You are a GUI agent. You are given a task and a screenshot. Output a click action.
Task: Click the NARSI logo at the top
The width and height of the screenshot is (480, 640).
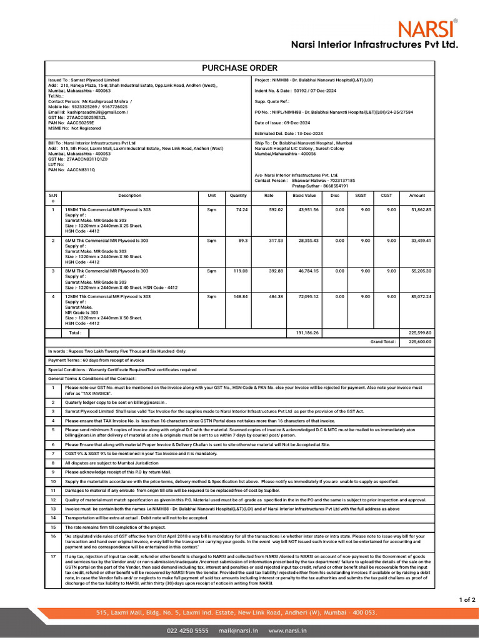pyautogui.click(x=427, y=28)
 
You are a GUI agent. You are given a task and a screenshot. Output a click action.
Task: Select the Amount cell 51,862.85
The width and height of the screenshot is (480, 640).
pyautogui.click(x=421, y=209)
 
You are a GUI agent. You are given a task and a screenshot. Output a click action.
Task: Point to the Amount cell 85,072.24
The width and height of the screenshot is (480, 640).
pyautogui.click(x=421, y=296)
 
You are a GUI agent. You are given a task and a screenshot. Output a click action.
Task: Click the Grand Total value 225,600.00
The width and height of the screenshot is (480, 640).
pyautogui.click(x=420, y=342)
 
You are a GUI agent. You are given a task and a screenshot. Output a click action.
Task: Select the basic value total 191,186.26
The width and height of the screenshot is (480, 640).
pyautogui.click(x=307, y=333)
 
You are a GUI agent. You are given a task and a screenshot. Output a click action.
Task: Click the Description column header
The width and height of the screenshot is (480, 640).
pyautogui.click(x=129, y=196)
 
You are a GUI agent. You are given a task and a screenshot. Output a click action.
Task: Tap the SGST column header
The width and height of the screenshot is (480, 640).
pyautogui.click(x=361, y=196)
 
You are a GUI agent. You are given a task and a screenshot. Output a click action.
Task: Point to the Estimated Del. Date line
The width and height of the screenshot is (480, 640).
pyautogui.click(x=289, y=134)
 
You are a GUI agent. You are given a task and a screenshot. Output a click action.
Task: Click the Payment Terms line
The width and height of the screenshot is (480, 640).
pyautogui.click(x=96, y=360)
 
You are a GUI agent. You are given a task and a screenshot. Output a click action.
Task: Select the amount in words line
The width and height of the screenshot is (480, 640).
pyautogui.click(x=117, y=351)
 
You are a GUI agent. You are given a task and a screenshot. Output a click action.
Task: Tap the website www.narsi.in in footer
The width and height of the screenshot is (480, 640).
pyautogui.click(x=287, y=631)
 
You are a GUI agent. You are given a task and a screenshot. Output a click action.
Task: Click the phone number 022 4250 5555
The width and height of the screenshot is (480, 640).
pyautogui.click(x=187, y=631)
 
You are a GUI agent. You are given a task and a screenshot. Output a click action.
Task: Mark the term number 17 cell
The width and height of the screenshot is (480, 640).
pyautogui.click(x=53, y=556)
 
